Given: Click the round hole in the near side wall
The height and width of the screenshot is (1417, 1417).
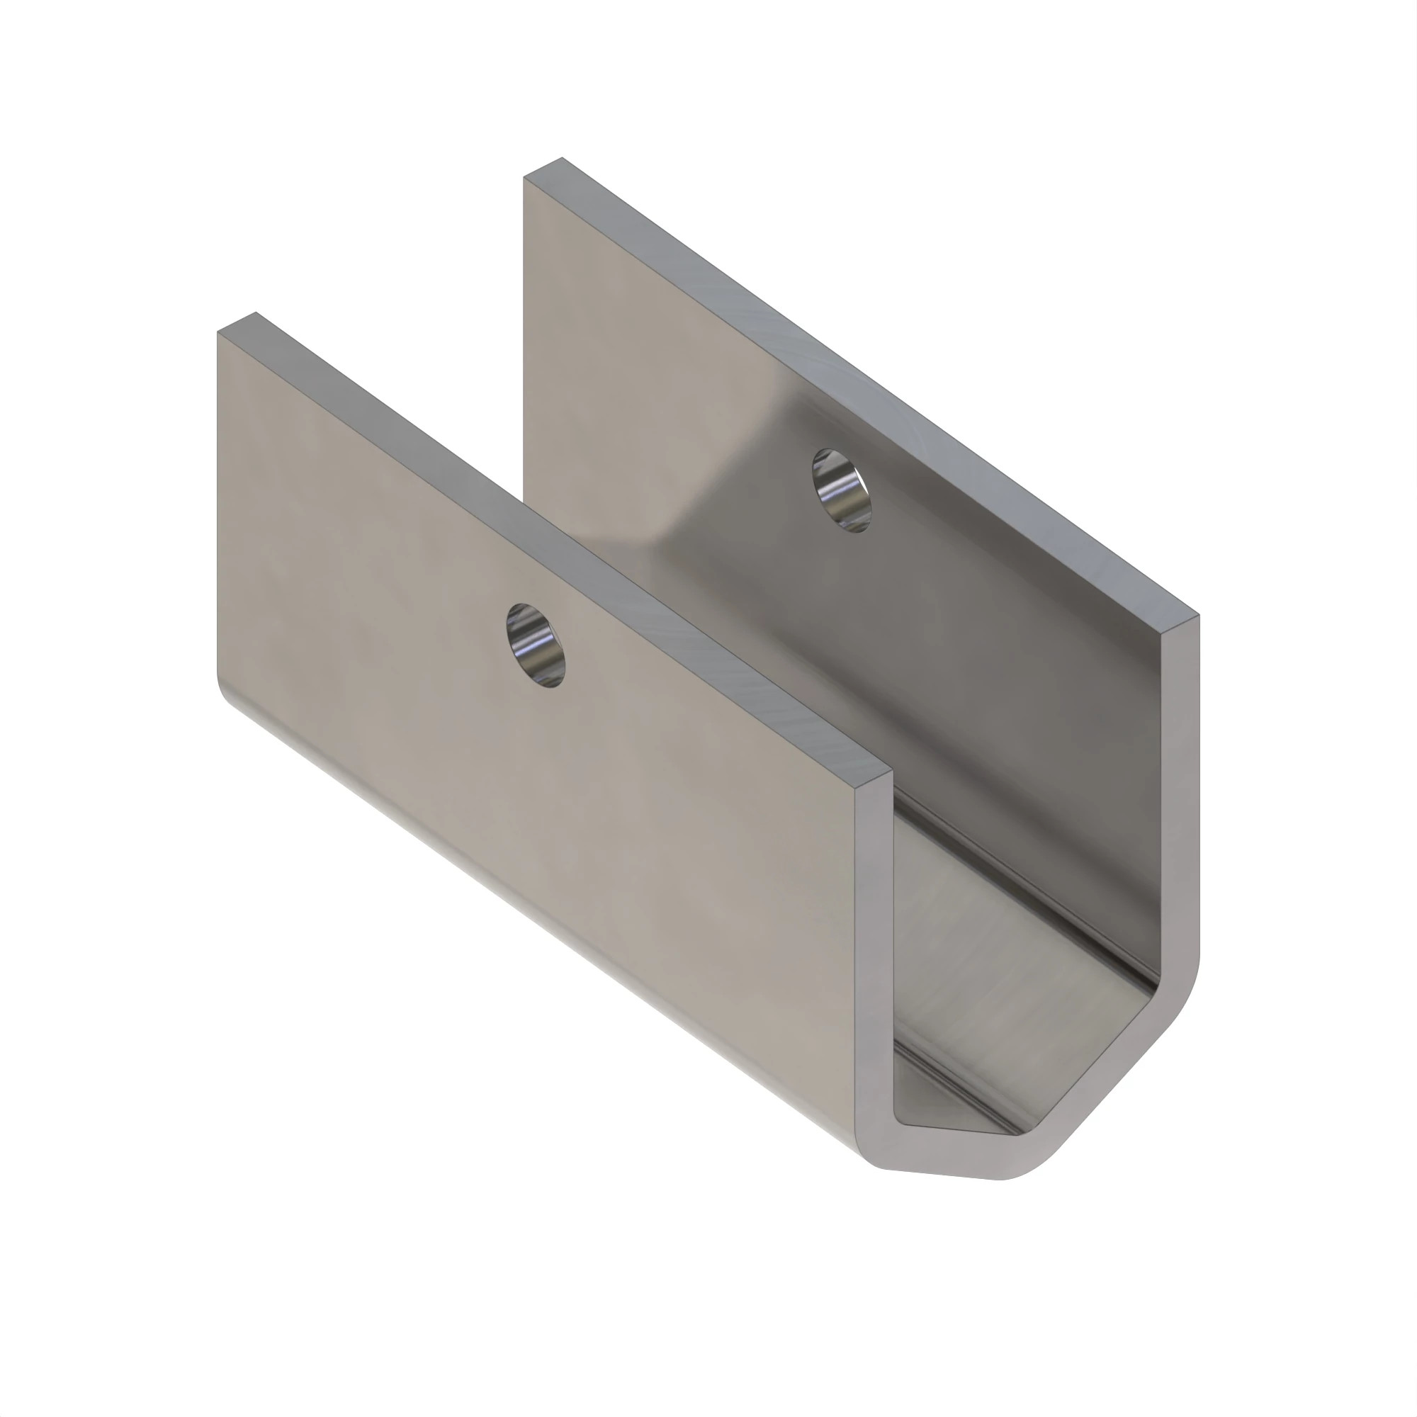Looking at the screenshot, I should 536,645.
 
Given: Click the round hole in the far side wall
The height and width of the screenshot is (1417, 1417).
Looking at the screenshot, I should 841,490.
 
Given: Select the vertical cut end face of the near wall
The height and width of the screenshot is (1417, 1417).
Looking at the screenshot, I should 874,954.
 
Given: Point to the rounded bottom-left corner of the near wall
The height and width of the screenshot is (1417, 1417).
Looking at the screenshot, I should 224,693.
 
